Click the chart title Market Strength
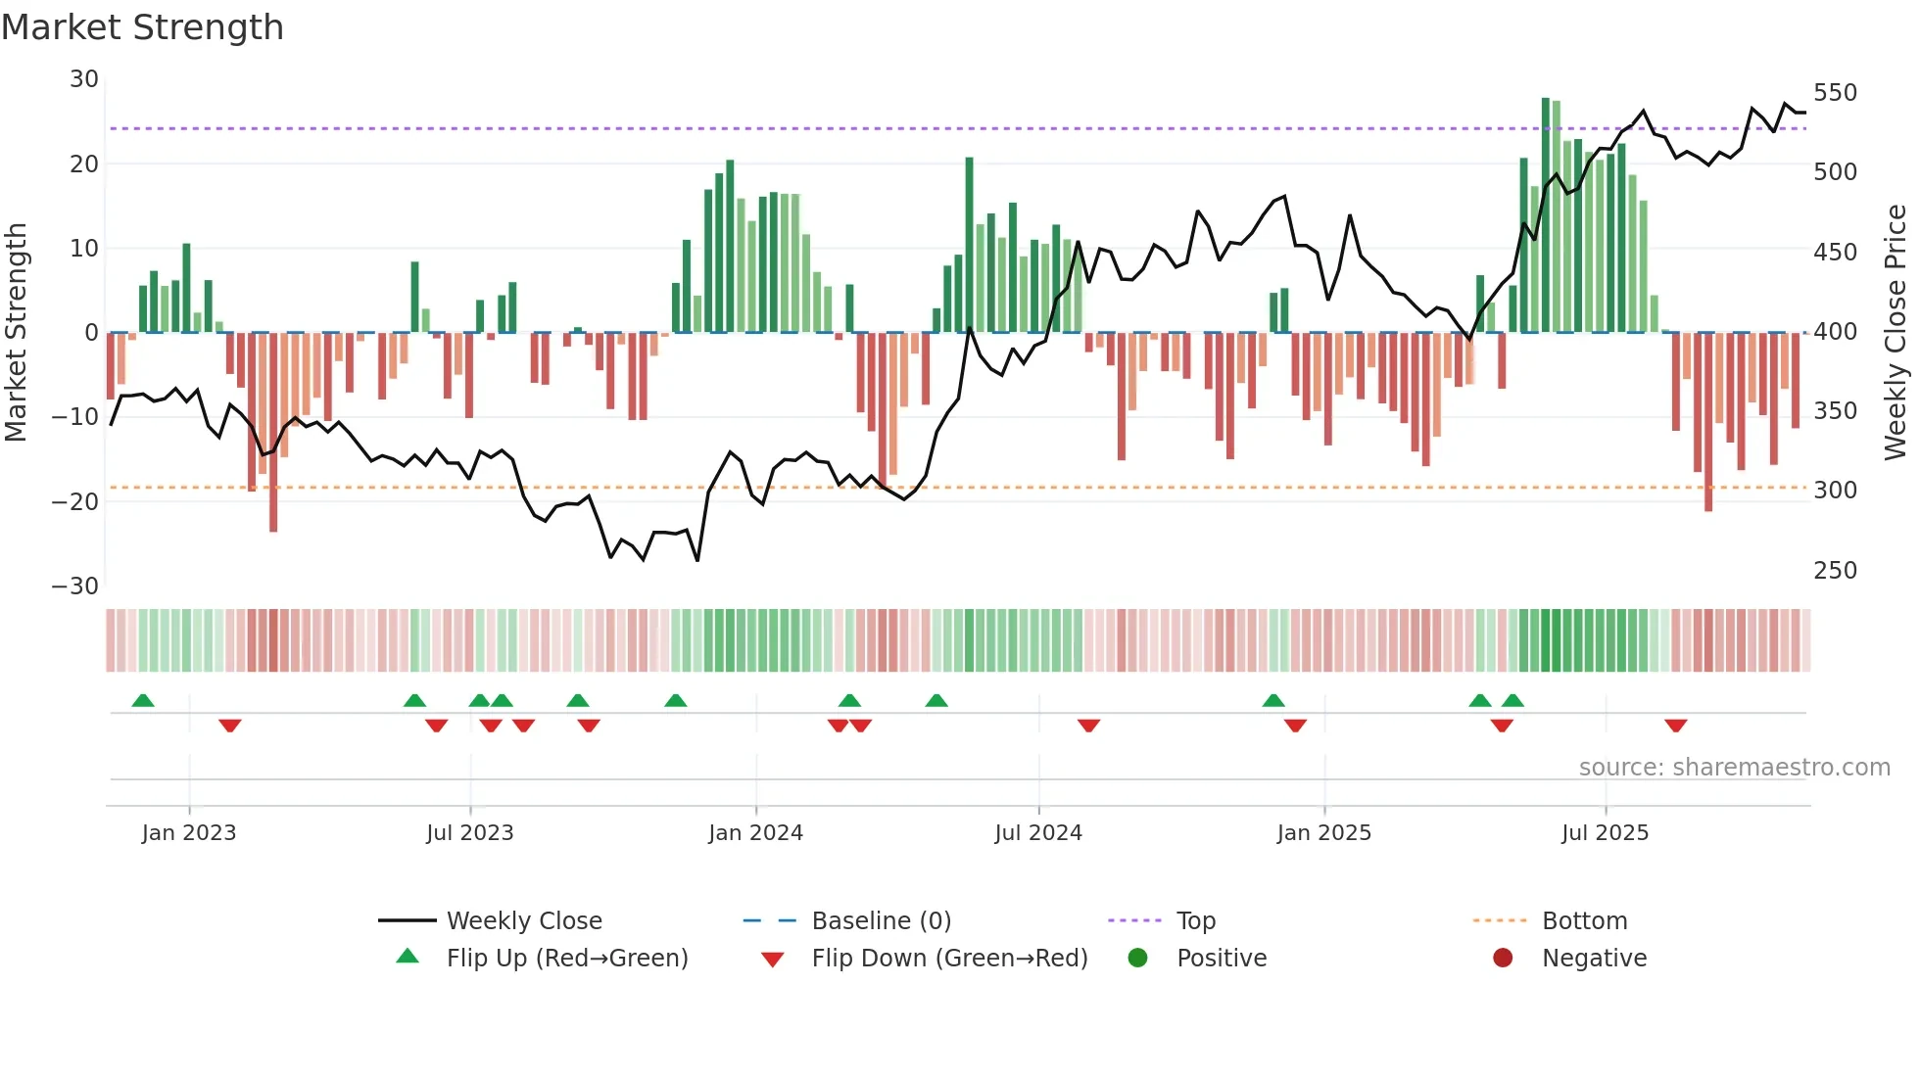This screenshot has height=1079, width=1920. pos(142,27)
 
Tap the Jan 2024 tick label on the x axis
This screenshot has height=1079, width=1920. pos(755,833)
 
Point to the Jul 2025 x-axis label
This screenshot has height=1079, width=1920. pos(1605,833)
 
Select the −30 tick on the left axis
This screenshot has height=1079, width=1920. pos(75,586)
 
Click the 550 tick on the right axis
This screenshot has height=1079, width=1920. pos(1835,93)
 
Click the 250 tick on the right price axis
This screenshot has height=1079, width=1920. pos(1835,571)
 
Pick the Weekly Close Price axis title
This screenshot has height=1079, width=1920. pos(1896,333)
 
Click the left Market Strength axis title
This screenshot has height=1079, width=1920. pos(17,333)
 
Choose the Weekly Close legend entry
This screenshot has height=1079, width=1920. pos(524,921)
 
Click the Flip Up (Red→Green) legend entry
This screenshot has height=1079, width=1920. pos(566,959)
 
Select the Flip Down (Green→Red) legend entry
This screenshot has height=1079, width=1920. pos(949,959)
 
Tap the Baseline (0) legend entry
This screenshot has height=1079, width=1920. pos(881,921)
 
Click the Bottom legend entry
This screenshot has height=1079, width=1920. pos(1584,921)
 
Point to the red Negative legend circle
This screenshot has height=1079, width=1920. pos(1503,959)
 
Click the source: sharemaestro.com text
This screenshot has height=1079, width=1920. pos(1734,768)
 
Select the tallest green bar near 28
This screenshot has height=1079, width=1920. pos(1546,215)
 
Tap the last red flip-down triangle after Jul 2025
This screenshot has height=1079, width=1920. pos(1675,726)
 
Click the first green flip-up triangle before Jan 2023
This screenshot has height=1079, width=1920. pos(143,700)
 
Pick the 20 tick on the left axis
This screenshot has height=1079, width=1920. pos(84,164)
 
